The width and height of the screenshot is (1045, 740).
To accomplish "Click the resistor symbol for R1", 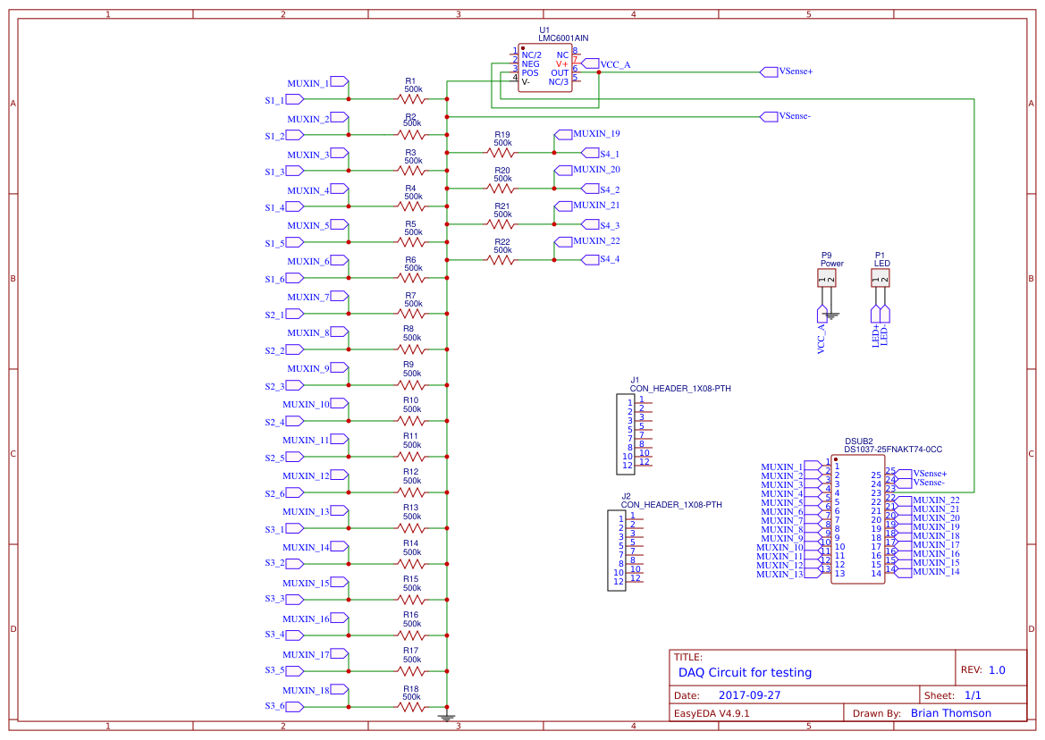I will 411,99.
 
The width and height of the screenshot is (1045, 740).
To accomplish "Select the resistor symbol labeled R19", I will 501,153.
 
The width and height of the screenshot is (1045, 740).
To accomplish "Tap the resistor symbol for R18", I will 411,706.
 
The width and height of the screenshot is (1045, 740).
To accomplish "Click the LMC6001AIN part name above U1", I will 563,38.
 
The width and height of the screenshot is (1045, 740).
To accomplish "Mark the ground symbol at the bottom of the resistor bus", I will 446,716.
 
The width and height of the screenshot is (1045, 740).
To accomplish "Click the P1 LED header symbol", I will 881,279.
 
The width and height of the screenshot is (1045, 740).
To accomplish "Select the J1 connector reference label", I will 635,380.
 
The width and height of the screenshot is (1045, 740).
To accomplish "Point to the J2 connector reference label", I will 626,496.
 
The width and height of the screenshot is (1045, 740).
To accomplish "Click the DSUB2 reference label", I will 858,441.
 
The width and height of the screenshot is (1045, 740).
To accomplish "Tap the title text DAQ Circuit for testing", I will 745,672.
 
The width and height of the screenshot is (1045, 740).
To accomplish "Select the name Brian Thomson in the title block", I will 950,713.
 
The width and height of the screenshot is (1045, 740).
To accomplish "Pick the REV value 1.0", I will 997,670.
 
